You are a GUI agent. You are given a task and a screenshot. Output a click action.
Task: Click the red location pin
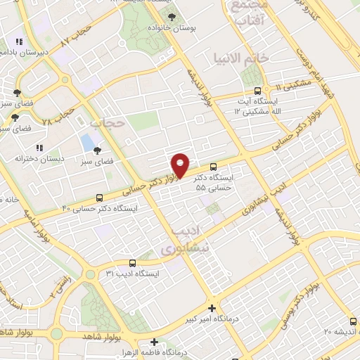click(181, 165)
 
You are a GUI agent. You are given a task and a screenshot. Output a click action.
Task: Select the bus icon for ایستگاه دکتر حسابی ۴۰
click(99, 198)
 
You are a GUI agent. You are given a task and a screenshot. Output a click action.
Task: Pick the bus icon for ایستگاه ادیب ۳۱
click(124, 263)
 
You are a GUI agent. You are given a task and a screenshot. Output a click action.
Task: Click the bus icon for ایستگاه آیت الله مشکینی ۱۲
click(257, 91)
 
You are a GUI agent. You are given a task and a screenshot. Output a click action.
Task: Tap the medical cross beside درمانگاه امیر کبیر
click(212, 307)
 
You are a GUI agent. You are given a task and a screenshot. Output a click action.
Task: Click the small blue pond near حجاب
click(87, 143)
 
